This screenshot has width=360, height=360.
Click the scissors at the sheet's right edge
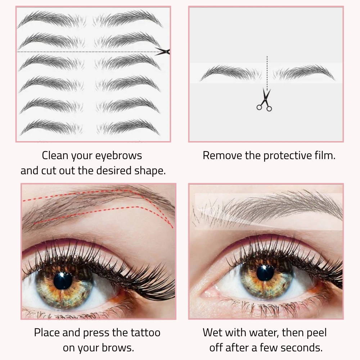click(x=163, y=51)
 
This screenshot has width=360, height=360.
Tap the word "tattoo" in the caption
click(x=145, y=333)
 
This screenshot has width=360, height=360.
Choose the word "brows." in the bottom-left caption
click(x=118, y=348)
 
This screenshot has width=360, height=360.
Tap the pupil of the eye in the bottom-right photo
click(x=265, y=273)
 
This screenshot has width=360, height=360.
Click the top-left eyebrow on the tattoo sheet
click(x=51, y=19)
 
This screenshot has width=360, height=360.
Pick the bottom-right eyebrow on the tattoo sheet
click(x=128, y=127)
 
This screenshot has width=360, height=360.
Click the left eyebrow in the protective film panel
click(x=231, y=73)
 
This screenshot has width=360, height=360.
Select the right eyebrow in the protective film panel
click(x=303, y=73)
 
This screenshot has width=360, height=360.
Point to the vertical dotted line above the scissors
click(x=267, y=73)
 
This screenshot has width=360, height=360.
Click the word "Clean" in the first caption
click(x=55, y=156)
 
